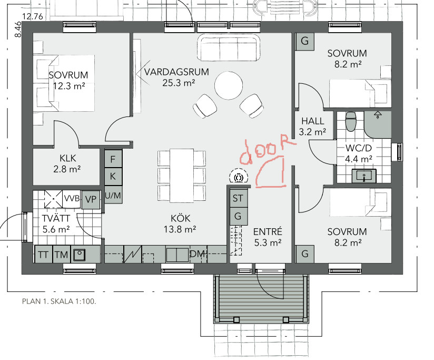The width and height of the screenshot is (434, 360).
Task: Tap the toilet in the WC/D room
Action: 351,121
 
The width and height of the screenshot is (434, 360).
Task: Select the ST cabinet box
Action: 238,198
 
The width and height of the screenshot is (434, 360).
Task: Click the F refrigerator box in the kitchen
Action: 113,159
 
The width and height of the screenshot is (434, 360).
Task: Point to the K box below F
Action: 113,176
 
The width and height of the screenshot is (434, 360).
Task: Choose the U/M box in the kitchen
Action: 113,195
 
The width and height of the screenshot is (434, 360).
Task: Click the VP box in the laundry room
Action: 91,199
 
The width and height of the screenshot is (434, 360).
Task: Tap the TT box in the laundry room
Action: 43,254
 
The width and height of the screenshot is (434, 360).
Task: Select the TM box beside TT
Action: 61,254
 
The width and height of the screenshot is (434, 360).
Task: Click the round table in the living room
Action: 229,85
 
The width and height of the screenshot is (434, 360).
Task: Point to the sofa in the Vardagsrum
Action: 229,47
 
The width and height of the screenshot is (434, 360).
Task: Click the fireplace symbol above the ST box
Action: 238,177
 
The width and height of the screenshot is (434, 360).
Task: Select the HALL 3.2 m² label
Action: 312,127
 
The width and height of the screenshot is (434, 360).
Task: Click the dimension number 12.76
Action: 33,17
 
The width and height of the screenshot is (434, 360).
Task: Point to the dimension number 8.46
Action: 18,30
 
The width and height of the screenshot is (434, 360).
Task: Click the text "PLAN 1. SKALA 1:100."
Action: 59,301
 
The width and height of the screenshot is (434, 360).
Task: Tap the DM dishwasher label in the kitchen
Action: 198,254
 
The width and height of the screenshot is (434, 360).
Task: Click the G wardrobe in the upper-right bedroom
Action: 305,41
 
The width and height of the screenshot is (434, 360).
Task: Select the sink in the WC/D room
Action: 364,176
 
